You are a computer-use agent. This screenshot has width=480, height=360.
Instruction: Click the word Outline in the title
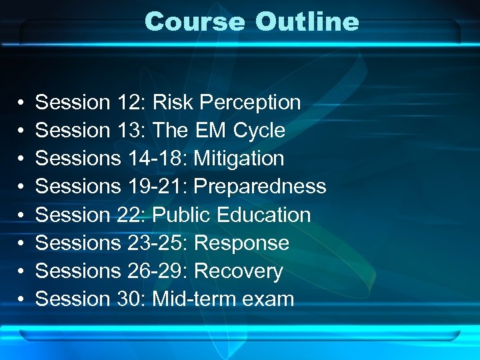coord(307,21)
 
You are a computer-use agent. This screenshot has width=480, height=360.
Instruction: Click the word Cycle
coord(259,131)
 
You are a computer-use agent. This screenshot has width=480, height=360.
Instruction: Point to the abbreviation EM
coord(211,131)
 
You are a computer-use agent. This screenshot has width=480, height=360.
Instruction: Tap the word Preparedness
coord(259,187)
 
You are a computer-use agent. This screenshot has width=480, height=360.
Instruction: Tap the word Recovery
coord(238,271)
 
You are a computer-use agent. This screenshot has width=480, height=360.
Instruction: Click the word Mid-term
coord(194,299)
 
